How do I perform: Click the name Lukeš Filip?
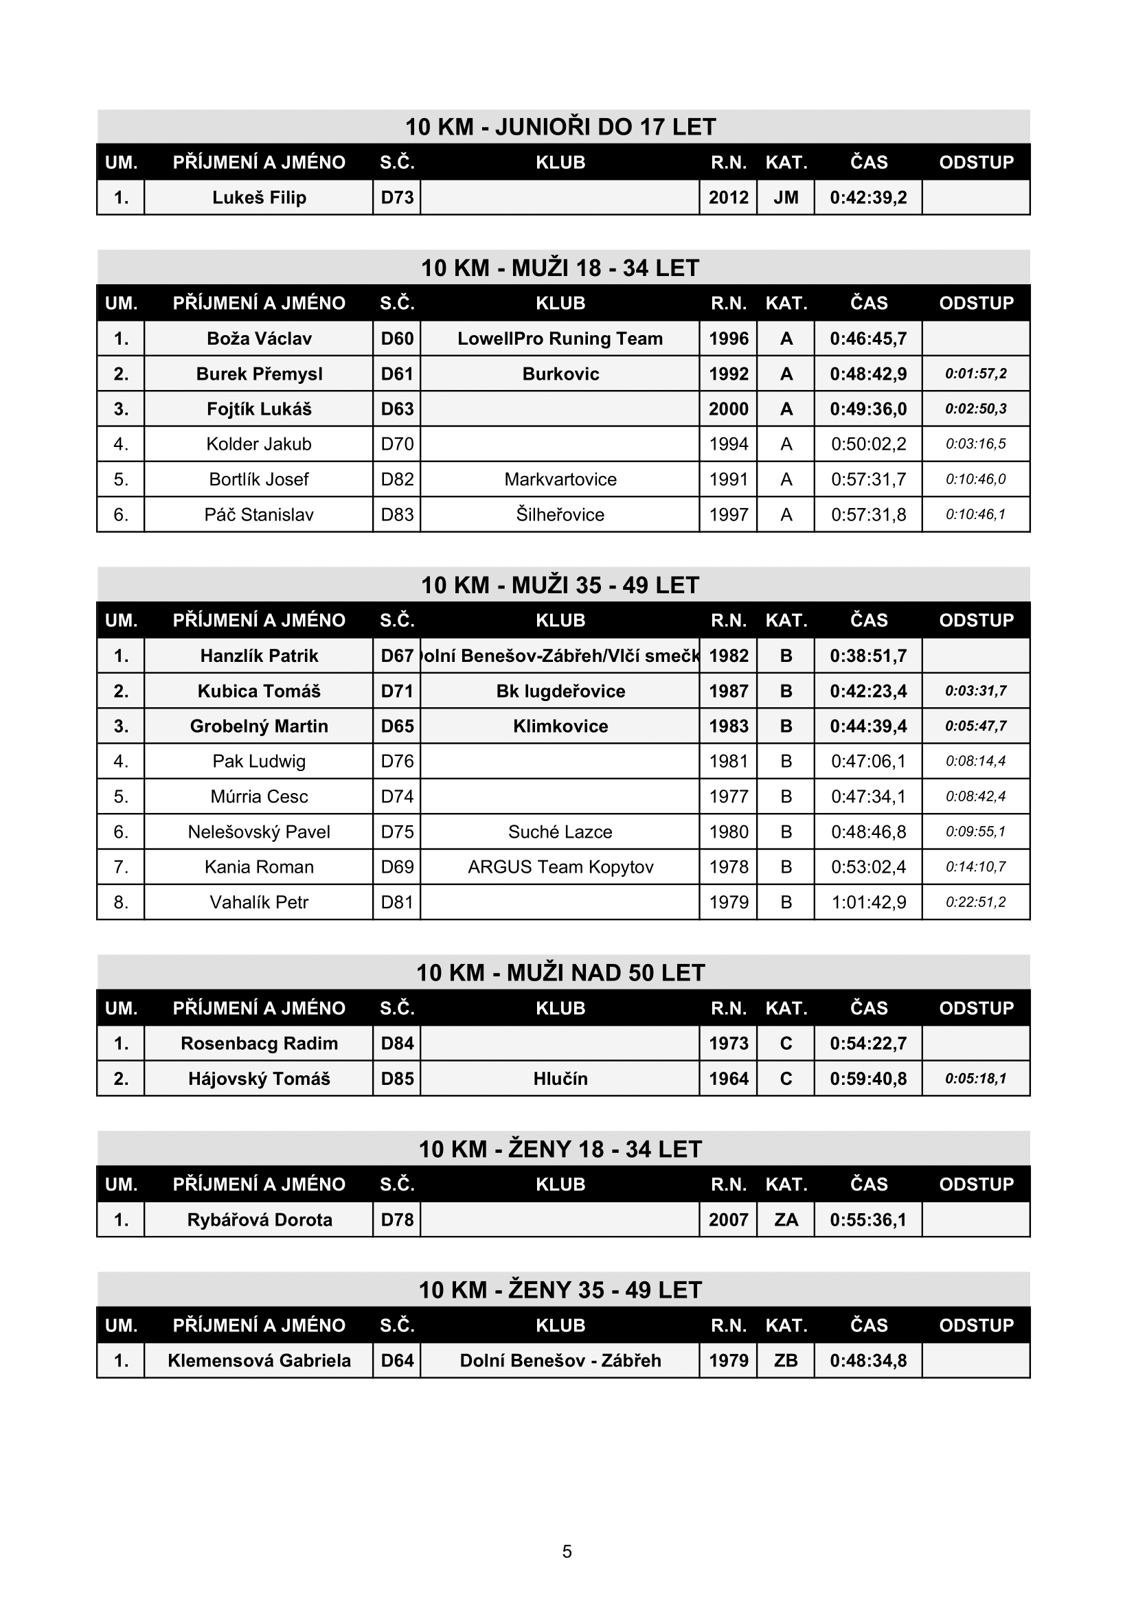tap(259, 198)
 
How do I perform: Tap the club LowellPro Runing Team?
tap(560, 339)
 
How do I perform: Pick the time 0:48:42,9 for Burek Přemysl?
tap(868, 374)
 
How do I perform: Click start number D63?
tap(396, 409)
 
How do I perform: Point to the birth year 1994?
tap(728, 444)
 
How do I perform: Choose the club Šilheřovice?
tap(560, 515)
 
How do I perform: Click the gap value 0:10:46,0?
tap(975, 480)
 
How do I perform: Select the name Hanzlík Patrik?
tap(259, 656)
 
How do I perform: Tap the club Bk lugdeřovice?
tap(560, 692)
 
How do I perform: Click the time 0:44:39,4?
tap(868, 726)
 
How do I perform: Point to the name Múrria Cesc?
tap(259, 796)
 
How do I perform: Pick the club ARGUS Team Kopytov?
tap(560, 867)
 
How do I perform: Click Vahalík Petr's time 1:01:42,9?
tap(868, 902)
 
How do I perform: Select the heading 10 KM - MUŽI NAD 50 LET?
tap(560, 973)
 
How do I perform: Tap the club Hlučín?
tap(560, 1079)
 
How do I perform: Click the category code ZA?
tap(786, 1220)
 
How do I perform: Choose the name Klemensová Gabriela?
tap(259, 1360)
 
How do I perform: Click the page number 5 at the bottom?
tap(567, 1552)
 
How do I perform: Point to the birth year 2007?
tap(728, 1220)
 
